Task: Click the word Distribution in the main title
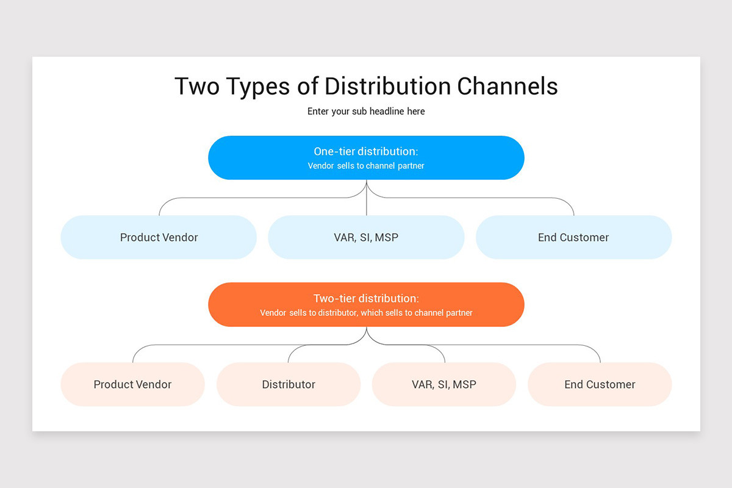388,86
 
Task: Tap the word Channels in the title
508,86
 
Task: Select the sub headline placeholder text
366,112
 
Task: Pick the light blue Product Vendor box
159,237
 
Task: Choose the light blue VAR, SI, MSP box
366,237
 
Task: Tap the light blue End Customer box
573,237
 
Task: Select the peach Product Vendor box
132,384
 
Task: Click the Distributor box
289,384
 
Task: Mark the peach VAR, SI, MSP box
444,384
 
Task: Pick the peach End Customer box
600,384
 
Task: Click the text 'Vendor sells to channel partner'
366,166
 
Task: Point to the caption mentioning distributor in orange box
366,313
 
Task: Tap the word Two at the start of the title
198,86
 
